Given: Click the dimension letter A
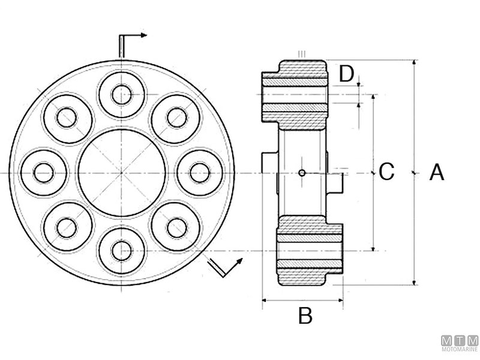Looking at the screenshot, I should pyautogui.click(x=437, y=173).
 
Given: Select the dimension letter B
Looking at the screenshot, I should pyautogui.click(x=305, y=315).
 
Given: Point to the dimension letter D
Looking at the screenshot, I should pyautogui.click(x=346, y=74).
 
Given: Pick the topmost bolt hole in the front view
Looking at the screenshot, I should pyautogui.click(x=122, y=94).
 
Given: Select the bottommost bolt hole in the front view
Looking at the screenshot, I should pyautogui.click(x=122, y=250).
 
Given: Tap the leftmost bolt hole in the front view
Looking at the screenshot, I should pyautogui.click(x=44, y=173).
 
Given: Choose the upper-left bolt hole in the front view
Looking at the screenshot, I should pyautogui.click(x=67, y=118).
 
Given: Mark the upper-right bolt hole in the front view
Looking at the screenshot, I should pyautogui.click(x=177, y=118).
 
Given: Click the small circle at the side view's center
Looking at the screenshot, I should pyautogui.click(x=302, y=173).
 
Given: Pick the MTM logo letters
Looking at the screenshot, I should pyautogui.click(x=460, y=340).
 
